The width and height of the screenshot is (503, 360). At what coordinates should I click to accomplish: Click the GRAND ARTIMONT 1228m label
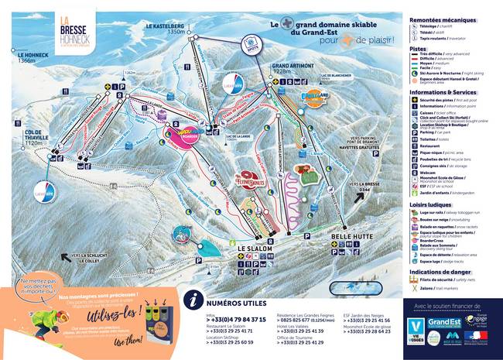[291, 69]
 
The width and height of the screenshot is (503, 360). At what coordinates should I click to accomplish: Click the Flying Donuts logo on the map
[249, 180]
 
